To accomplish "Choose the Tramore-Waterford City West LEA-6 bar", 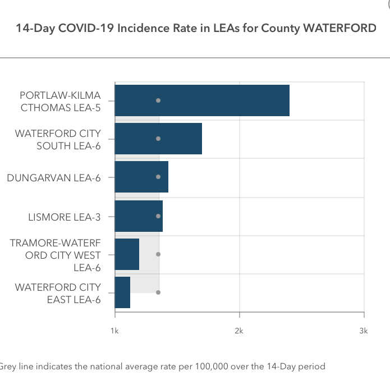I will point(126,254).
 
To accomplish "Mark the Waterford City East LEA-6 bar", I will point(122,292).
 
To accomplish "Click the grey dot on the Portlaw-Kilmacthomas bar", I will point(158,100).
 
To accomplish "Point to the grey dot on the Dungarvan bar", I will point(158,177).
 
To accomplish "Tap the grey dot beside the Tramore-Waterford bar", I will point(158,254).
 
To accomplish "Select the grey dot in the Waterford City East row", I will point(158,292).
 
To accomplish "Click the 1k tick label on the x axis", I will point(114,331).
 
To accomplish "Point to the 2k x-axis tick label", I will point(239,331).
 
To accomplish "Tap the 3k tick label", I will point(363,331).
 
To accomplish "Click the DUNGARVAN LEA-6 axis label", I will point(54,178).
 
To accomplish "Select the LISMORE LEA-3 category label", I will point(65,217).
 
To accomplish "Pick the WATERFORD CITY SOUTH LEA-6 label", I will point(58,140).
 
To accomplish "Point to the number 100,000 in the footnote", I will point(214,367).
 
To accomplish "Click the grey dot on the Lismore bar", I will point(158,216).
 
